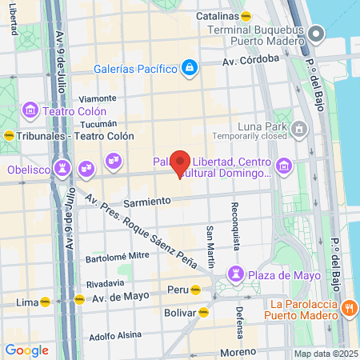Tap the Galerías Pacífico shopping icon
pos(189,68)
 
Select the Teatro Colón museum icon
pos(30,110)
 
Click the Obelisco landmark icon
pos(61,169)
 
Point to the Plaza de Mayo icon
pos(235,274)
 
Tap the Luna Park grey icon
pos(299,127)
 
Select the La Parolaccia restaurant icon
pos(349,309)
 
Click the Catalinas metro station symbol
pos(246,15)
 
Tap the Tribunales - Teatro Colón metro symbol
pos(9,134)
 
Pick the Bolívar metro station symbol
pos(203,314)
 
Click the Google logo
pos(26,350)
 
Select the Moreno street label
pos(241,351)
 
